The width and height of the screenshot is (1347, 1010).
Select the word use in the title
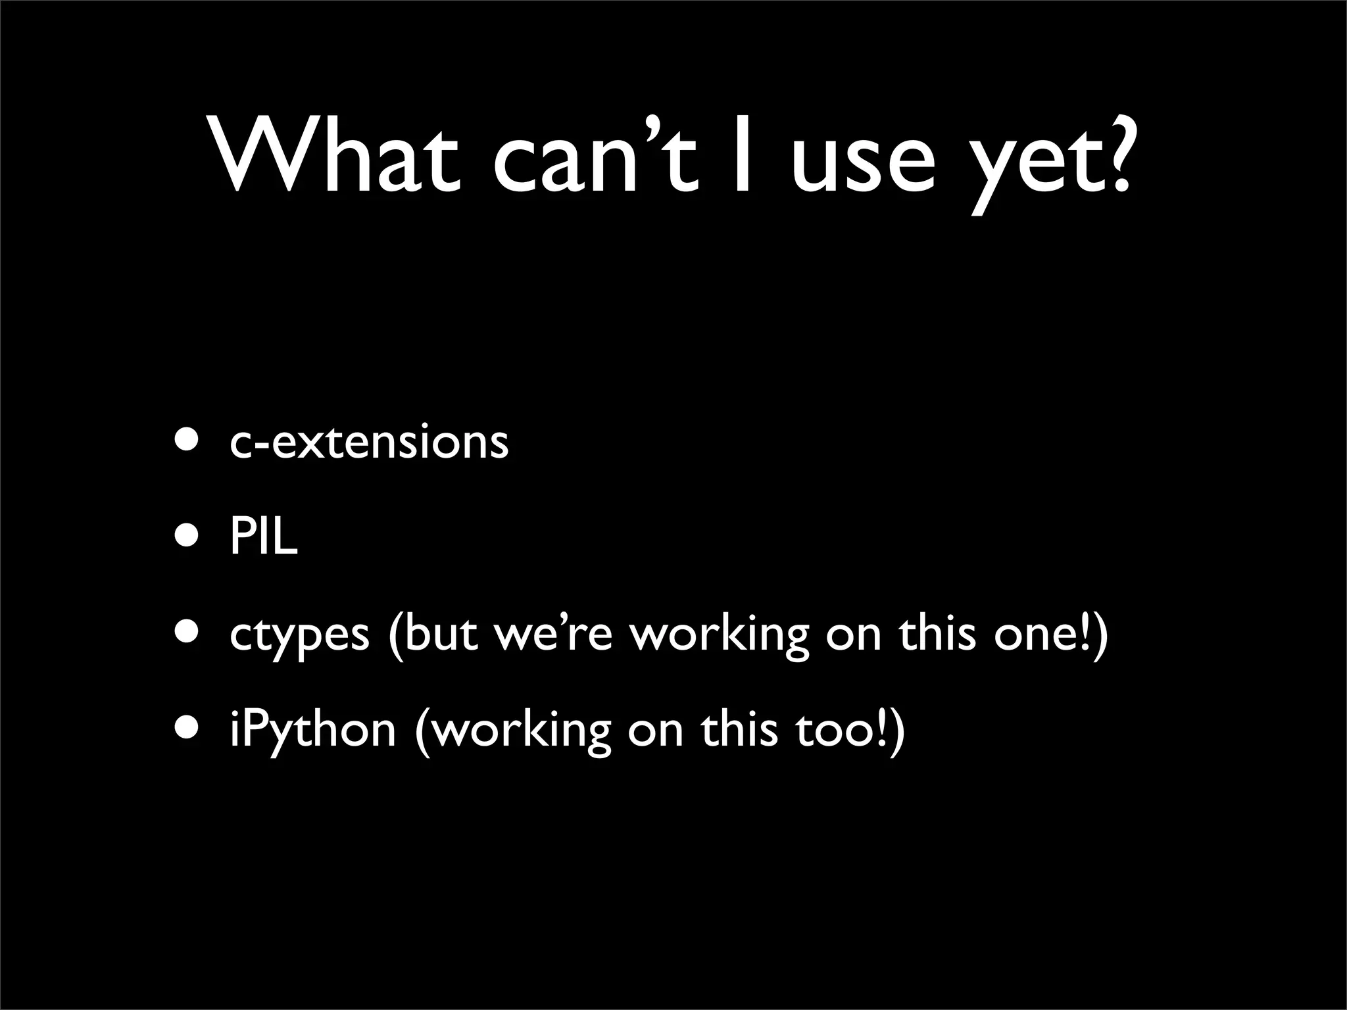[x=862, y=164]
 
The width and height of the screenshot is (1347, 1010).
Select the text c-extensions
[x=369, y=441]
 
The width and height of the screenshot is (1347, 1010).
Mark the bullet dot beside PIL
[x=185, y=537]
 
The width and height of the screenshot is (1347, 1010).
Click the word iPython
[x=312, y=731]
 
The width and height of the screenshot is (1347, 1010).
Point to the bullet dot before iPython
[x=185, y=728]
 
